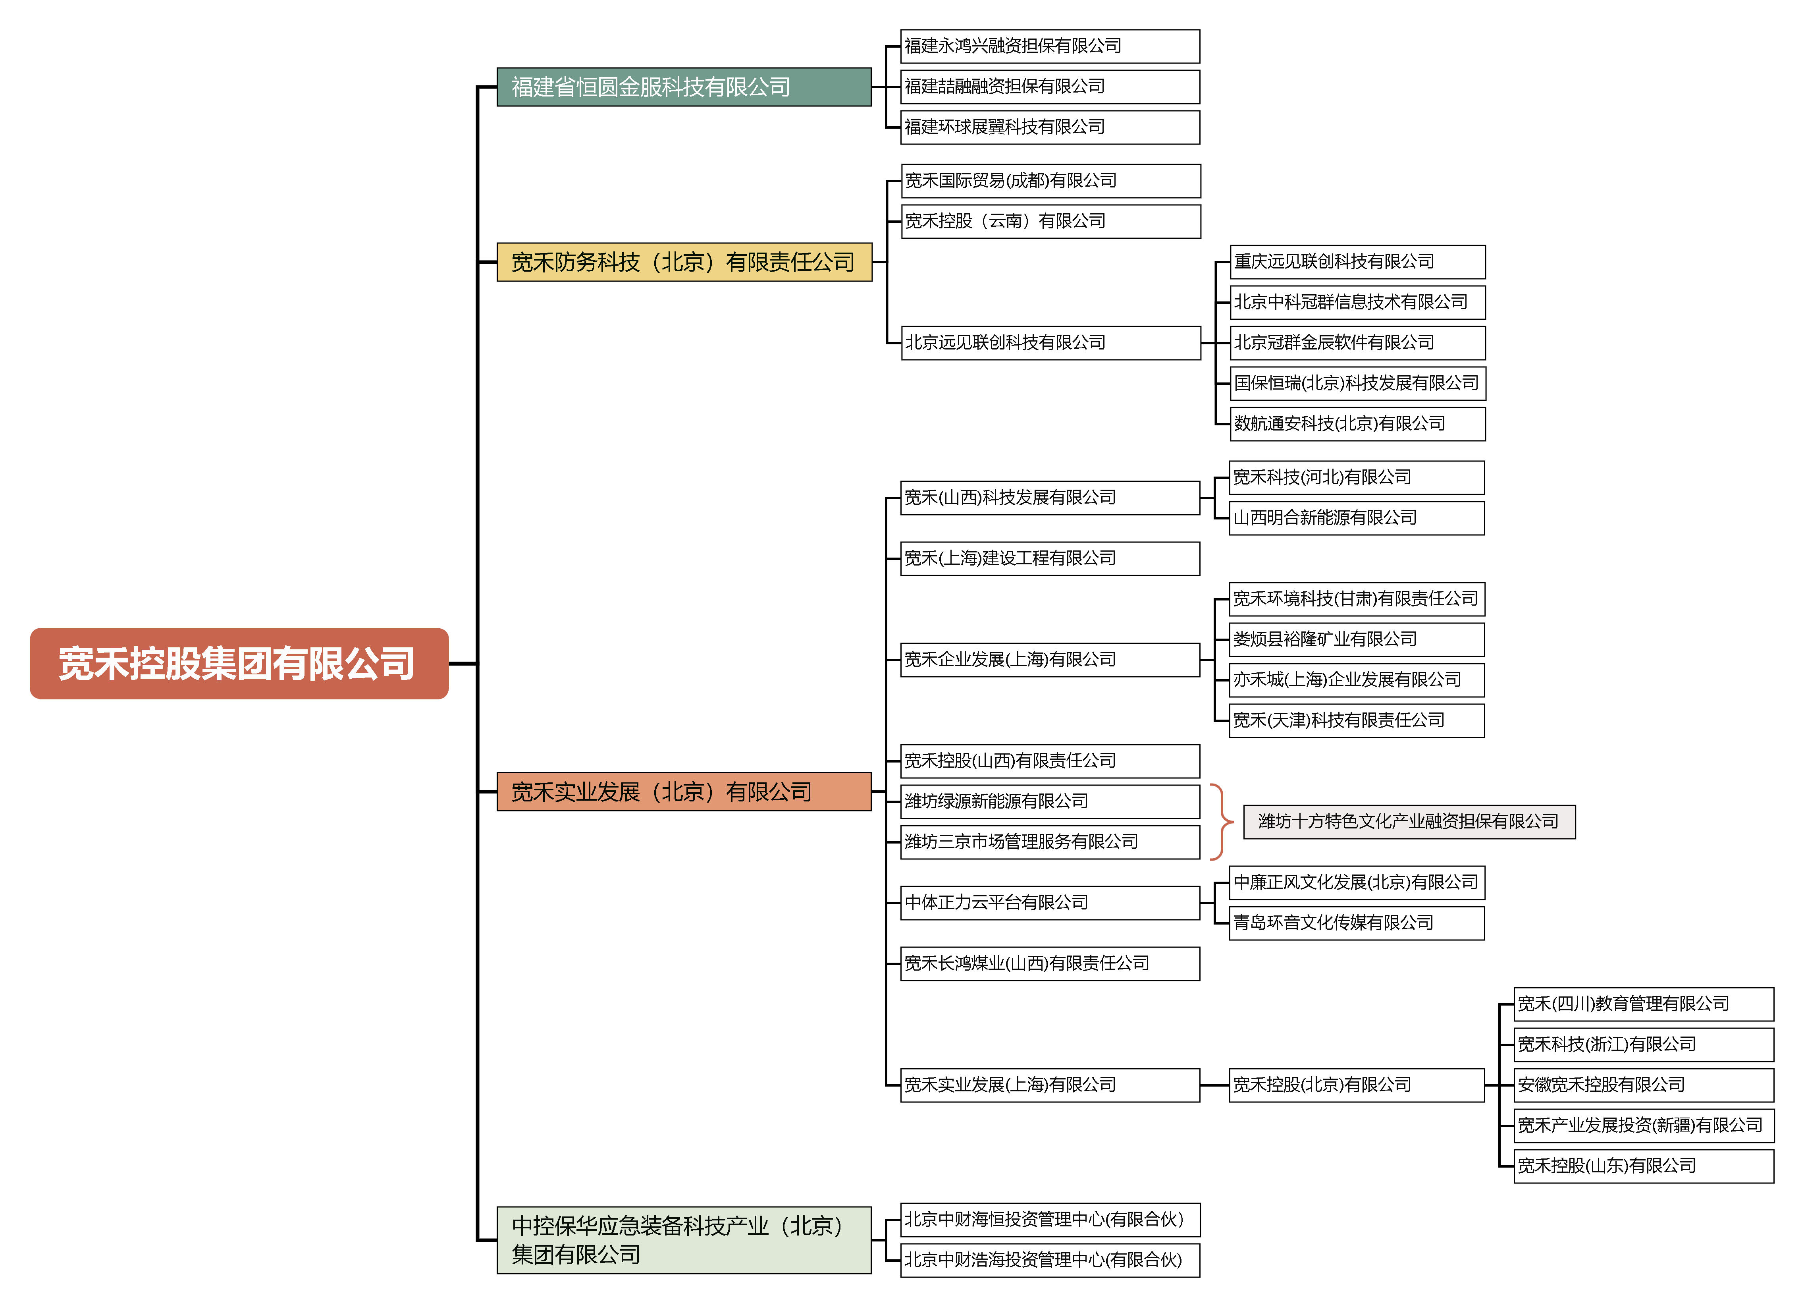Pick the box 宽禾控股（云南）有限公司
[1050, 221]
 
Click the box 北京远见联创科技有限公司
[1050, 343]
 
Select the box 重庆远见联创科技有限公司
[1357, 262]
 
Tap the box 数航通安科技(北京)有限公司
[1357, 424]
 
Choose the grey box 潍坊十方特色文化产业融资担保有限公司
[1409, 822]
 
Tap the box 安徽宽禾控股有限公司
[1643, 1085]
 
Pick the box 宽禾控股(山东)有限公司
[1643, 1166]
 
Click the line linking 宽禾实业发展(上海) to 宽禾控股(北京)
[1214, 1085]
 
